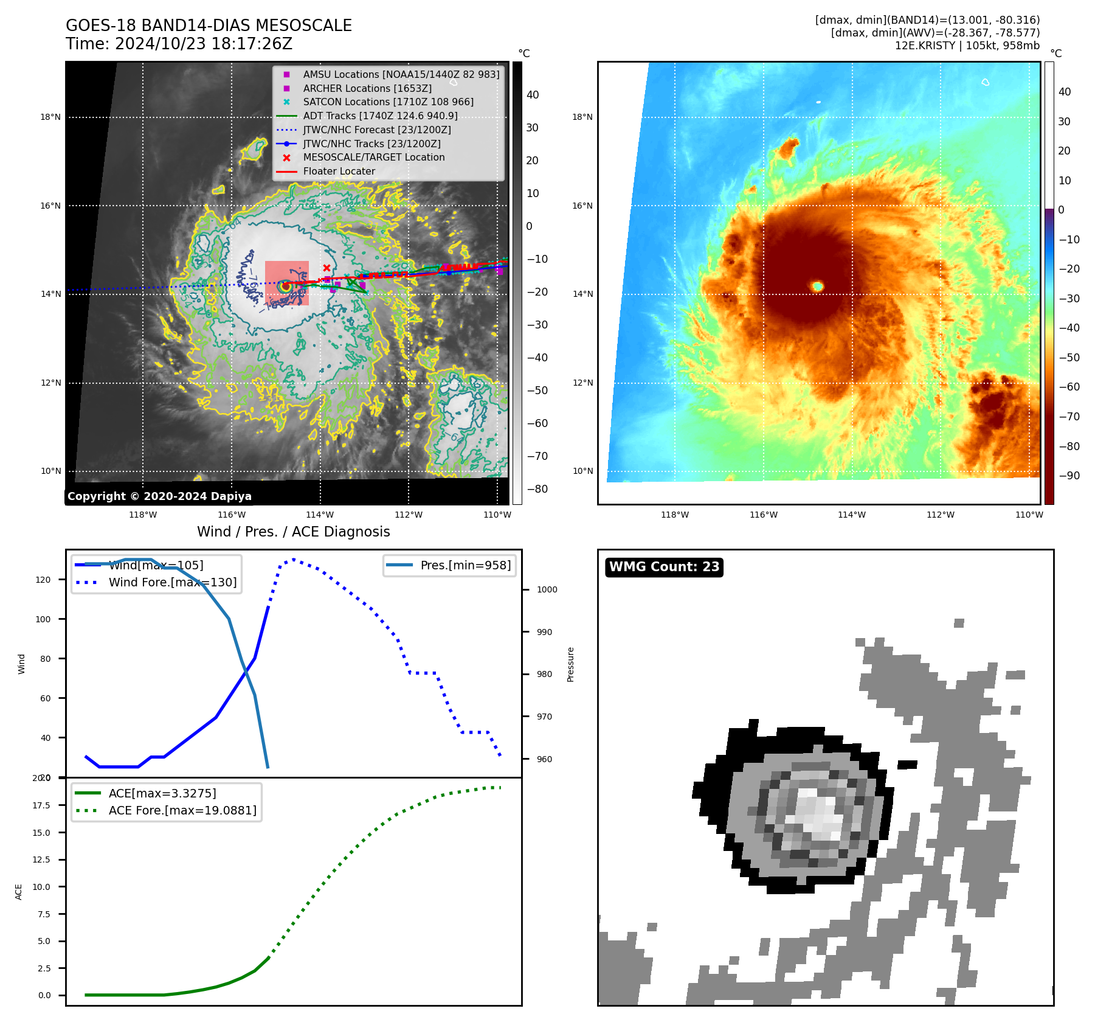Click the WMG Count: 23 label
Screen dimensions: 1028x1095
664,567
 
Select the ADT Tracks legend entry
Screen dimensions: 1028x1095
380,116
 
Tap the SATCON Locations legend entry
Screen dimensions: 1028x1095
388,102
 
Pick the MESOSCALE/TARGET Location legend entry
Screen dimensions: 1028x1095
373,157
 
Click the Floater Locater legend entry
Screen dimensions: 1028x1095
339,171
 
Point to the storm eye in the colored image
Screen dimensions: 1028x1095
818,286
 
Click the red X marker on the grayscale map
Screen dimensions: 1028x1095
326,268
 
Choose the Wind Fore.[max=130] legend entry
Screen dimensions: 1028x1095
172,582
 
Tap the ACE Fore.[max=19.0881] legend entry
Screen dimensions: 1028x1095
182,810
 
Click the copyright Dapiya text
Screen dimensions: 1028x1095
159,496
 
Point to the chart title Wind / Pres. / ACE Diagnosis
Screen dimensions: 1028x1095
293,532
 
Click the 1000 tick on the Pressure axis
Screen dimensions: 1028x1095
547,589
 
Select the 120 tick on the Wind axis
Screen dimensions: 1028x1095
43,580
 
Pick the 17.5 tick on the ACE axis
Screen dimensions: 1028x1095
41,805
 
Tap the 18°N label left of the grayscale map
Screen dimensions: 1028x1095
50,117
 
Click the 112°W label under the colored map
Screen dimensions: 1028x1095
940,515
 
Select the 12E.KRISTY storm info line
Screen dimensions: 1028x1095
967,46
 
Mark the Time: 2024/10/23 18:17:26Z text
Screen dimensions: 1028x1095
179,44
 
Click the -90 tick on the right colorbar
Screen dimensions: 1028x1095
1069,476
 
